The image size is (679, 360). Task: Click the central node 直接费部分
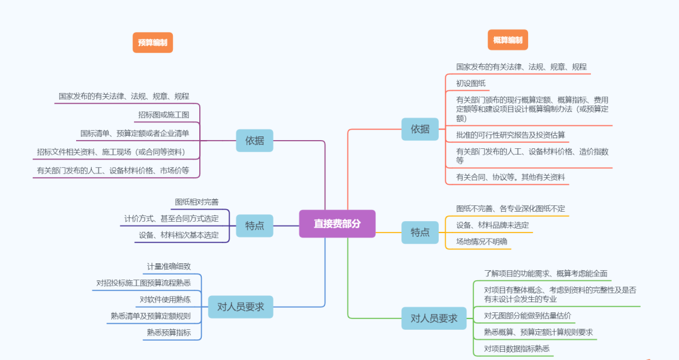coord(337,224)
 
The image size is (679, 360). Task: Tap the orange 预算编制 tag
coord(153,43)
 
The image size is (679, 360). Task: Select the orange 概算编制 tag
coord(507,40)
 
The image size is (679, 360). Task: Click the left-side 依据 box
coord(255,141)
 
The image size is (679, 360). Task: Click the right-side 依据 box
coord(420,129)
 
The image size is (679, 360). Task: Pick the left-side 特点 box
coord(255,226)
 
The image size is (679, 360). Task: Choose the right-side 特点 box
coord(420,232)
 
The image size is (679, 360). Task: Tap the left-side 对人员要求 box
coord(240,307)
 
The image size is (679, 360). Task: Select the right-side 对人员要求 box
coord(434,319)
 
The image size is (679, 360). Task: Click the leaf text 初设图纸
coord(471,83)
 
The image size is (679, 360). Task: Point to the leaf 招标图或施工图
coord(163,115)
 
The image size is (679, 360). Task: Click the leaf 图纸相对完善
coord(197,202)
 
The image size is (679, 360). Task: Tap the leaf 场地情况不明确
coord(482,242)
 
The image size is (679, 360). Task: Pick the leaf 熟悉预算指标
coord(168,332)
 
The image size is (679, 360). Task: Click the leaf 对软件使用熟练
coord(165,299)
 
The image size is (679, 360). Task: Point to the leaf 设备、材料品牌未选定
coord(492,225)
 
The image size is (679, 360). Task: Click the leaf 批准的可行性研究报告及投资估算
coord(511,134)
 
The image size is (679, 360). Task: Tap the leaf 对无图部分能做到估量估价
coord(527,315)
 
